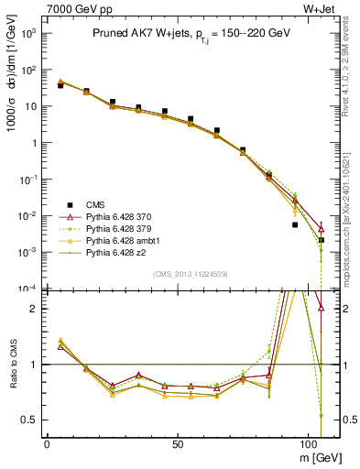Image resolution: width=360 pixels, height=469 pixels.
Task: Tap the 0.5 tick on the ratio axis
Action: pyautogui.click(x=30, y=420)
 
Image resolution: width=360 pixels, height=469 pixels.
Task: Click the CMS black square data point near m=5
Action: pyautogui.click(x=60, y=85)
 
